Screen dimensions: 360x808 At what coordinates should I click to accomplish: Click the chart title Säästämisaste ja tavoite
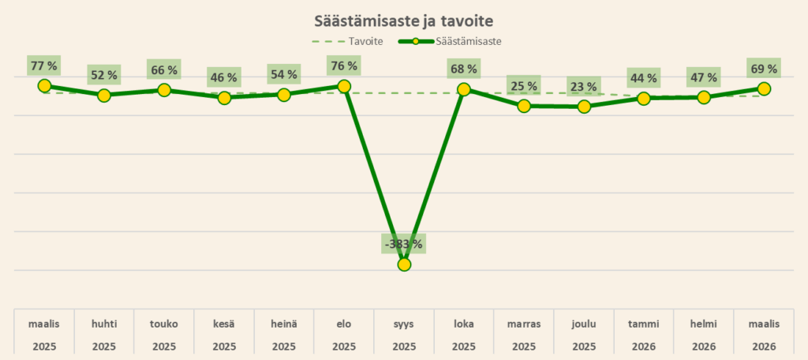pos(403,19)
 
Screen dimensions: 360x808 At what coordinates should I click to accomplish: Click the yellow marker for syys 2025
pos(404,264)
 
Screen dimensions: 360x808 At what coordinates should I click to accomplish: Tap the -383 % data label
pos(403,244)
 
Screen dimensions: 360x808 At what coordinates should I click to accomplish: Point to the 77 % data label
pos(43,66)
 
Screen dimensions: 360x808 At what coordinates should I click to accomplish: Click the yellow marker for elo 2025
pos(344,85)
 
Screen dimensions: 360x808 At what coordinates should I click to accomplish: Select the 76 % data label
pos(343,66)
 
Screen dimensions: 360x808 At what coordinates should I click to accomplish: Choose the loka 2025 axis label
pos(464,335)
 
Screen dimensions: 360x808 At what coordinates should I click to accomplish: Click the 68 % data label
pos(463,69)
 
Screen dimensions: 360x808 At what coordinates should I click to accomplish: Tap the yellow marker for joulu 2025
pos(584,107)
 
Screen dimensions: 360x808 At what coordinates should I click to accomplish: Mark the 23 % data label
pos(583,87)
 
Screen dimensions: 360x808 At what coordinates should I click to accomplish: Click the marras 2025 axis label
pos(524,335)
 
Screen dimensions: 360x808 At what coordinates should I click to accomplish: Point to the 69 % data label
pos(763,69)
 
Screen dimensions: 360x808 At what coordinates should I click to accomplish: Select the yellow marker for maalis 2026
pos(764,88)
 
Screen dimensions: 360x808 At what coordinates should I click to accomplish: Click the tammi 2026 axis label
pos(644,335)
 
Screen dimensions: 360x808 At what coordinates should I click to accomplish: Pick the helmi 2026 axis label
pos(704,335)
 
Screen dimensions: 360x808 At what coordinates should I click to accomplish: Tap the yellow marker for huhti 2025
pos(104,96)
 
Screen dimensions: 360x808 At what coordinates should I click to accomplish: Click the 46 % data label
pos(223,78)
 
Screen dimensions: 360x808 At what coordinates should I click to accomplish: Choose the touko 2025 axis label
pos(164,335)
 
